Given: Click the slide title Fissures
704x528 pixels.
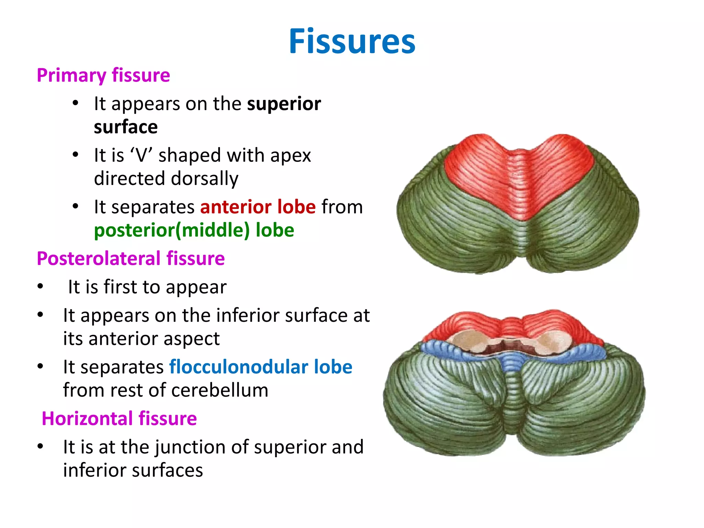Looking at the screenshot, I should point(352,41).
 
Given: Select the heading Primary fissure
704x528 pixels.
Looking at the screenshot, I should point(103,75).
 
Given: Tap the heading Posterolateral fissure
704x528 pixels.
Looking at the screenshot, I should point(131,258).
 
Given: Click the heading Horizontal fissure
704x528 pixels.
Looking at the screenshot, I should point(119,419).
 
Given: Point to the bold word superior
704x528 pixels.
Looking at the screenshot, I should point(284,104).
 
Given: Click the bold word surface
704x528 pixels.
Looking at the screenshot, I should point(126,127).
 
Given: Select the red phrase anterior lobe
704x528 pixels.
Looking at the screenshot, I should point(258,207).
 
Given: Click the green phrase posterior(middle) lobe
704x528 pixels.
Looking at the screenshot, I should point(194,230).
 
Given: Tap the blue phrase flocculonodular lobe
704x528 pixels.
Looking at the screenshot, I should point(261,367).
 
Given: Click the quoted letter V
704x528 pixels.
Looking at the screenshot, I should point(141,155).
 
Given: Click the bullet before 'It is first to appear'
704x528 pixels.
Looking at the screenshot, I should point(41,286).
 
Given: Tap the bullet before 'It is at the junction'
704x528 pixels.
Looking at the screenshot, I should point(41,447).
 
